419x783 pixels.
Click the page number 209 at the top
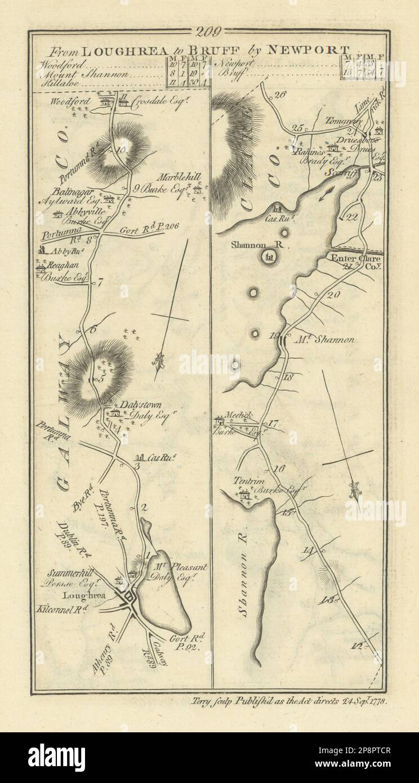click(x=209, y=32)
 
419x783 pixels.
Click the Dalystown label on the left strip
click(x=133, y=404)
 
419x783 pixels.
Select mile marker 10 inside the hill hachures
click(x=124, y=149)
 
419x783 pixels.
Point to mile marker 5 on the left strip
click(x=102, y=379)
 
